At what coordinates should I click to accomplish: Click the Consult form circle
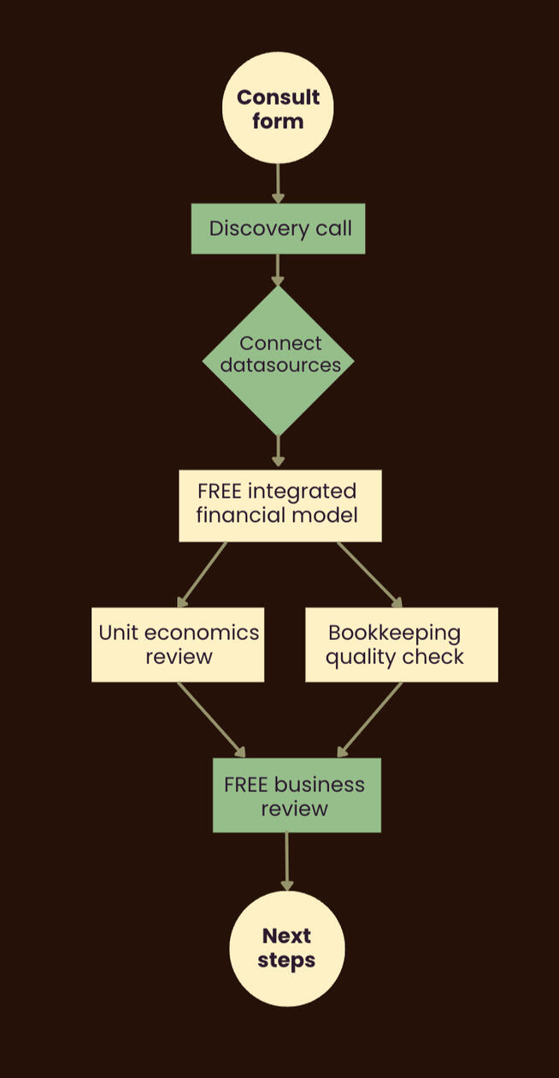pyautogui.click(x=278, y=108)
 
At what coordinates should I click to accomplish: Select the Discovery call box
pyautogui.click(x=278, y=228)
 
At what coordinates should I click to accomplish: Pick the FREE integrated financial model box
pyautogui.click(x=279, y=505)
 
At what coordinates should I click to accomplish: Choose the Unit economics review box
pyautogui.click(x=178, y=644)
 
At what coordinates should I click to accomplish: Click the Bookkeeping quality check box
pyautogui.click(x=401, y=644)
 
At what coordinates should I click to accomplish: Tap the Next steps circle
pyautogui.click(x=286, y=948)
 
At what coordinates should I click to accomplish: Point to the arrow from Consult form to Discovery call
pyautogui.click(x=278, y=182)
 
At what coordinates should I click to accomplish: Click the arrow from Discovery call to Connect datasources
pyautogui.click(x=278, y=269)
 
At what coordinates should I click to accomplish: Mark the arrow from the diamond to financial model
pyautogui.click(x=278, y=450)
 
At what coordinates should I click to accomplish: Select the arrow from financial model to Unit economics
pyautogui.click(x=203, y=574)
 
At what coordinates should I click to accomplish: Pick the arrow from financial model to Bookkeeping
pyautogui.click(x=369, y=574)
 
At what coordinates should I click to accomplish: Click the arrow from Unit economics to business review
pyautogui.click(x=210, y=719)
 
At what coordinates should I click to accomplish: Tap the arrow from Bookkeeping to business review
pyautogui.click(x=370, y=719)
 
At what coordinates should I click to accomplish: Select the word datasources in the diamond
pyautogui.click(x=280, y=365)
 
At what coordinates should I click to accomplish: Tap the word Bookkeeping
pyautogui.click(x=394, y=633)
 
